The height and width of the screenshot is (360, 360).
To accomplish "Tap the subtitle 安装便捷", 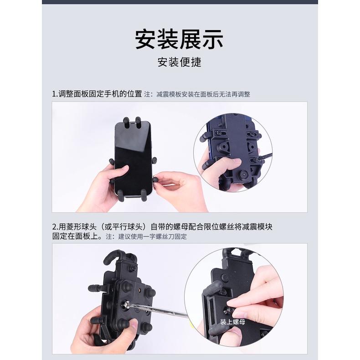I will pyautogui.click(x=179, y=62).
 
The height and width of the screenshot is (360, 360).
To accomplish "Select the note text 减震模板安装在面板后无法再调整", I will pyautogui.click(x=203, y=94).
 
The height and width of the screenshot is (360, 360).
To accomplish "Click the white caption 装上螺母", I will pyautogui.click(x=232, y=322).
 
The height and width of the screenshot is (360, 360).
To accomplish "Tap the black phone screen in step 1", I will pyautogui.click(x=133, y=159).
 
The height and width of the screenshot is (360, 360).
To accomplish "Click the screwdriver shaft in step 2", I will pyautogui.click(x=164, y=313).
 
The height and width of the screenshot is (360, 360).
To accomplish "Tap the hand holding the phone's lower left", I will pyautogui.click(x=103, y=187).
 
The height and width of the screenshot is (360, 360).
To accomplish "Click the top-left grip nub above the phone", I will pyautogui.click(x=126, y=121).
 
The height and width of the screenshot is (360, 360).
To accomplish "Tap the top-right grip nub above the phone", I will pyautogui.click(x=138, y=121).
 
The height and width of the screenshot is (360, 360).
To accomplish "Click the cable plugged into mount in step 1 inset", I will pyautogui.click(x=264, y=158).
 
